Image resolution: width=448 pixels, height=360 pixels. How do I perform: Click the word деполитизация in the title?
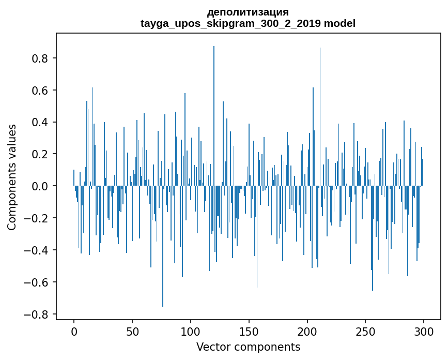[248, 12]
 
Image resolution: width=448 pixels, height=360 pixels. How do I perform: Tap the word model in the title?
[339, 23]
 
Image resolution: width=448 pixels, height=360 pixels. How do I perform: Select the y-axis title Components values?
[12, 176]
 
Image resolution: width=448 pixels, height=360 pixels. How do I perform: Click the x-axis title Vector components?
[248, 347]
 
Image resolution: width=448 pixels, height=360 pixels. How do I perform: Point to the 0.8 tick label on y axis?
[41, 58]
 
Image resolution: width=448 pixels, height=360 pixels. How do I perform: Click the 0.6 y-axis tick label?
[41, 91]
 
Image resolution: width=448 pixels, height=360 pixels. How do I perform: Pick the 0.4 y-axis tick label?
[41, 123]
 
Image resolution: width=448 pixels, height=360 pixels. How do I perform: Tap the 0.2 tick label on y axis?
[41, 155]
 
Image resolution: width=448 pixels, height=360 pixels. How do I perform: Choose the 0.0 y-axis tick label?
[41, 186]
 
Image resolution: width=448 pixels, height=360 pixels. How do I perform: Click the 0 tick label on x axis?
[74, 330]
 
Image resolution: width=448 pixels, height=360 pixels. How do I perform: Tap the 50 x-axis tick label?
[132, 330]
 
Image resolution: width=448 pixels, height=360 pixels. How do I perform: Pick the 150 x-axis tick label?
[249, 330]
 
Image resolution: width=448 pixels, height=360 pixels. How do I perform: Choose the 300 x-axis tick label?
[424, 330]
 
